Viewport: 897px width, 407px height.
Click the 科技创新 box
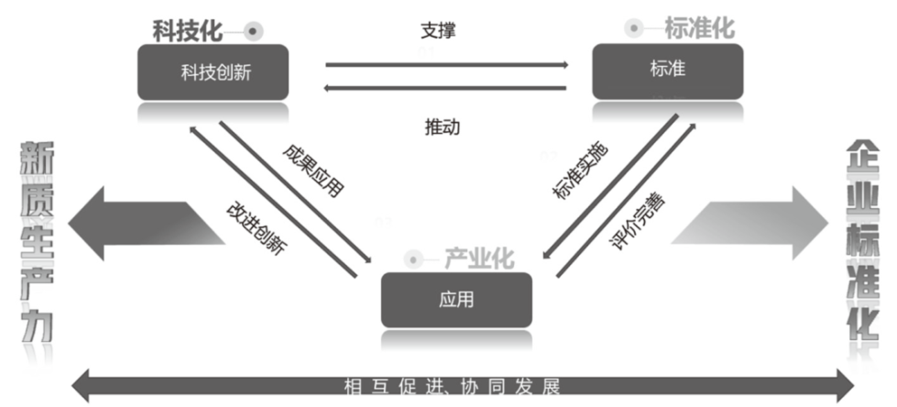[x=214, y=72]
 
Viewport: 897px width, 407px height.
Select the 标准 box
[x=666, y=70]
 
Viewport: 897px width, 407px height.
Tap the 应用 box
[x=456, y=299]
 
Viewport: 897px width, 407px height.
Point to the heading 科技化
[x=187, y=30]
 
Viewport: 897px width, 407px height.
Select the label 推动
[x=443, y=126]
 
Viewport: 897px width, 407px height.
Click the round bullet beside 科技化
[x=252, y=30]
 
